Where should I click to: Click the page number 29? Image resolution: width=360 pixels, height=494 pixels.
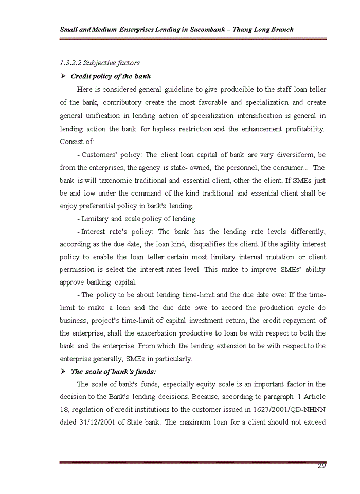pos(321,466)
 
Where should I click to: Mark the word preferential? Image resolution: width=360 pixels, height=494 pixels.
pos(100,206)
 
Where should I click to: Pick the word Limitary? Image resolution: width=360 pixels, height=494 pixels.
pos(96,219)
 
